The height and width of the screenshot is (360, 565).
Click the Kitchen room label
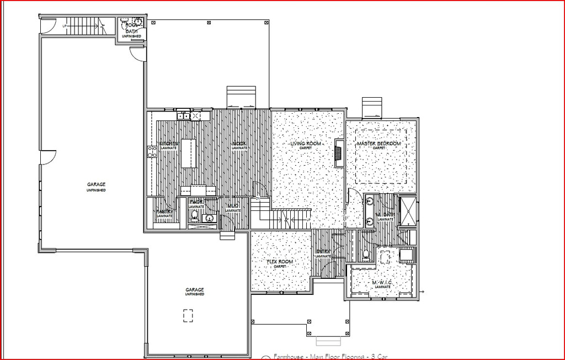point(168,144)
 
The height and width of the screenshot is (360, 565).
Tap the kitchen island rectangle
point(188,153)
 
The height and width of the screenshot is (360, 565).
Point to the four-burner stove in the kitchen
point(152,152)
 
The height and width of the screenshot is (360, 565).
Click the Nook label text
point(239,144)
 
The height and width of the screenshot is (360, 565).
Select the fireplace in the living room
point(339,153)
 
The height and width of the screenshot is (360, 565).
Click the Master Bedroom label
point(379,144)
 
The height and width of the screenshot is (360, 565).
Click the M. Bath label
point(385,215)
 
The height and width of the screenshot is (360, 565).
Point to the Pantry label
point(164,213)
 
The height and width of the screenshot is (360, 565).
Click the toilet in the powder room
point(194,218)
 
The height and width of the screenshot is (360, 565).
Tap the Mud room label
point(233,207)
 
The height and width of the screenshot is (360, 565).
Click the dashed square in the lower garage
point(188,315)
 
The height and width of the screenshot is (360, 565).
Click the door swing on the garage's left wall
point(47,156)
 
